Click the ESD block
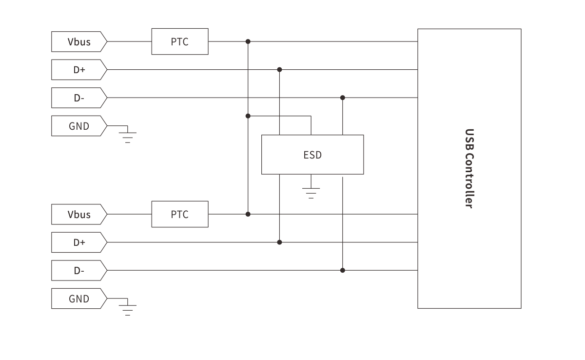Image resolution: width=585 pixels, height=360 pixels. pyautogui.click(x=312, y=155)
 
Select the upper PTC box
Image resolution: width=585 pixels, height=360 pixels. pyautogui.click(x=180, y=41)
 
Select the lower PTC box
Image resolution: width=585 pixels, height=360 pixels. pyautogui.click(x=180, y=214)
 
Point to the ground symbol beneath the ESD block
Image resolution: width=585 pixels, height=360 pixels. pyautogui.click(x=311, y=192)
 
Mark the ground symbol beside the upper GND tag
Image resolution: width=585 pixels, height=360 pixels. pyautogui.click(x=128, y=136)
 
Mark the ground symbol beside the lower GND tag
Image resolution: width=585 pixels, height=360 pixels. pyautogui.click(x=128, y=309)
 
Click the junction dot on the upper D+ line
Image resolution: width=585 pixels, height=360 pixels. pyautogui.click(x=279, y=70)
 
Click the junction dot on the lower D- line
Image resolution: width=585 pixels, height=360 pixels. pyautogui.click(x=343, y=270)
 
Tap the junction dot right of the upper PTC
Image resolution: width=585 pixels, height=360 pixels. pyautogui.click(x=248, y=41)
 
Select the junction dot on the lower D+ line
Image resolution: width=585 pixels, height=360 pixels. pyautogui.click(x=279, y=242)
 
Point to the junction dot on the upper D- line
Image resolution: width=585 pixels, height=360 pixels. pyautogui.click(x=343, y=98)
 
